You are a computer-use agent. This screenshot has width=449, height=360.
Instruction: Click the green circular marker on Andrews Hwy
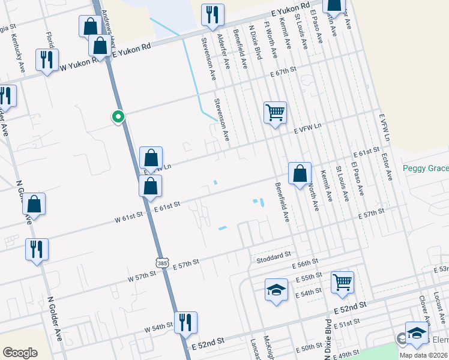pyautogui.click(x=119, y=117)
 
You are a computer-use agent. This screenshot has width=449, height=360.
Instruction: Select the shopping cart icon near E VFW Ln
pyautogui.click(x=275, y=112)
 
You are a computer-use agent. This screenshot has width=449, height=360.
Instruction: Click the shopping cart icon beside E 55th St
pyautogui.click(x=342, y=281)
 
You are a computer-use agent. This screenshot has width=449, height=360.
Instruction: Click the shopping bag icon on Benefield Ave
pyautogui.click(x=300, y=174)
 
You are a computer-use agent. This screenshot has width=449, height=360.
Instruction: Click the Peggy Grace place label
pyautogui.click(x=425, y=169)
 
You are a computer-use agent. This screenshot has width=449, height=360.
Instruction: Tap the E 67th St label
pyautogui.click(x=283, y=71)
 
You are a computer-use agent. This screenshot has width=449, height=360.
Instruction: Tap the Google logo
pyautogui.click(x=20, y=353)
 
